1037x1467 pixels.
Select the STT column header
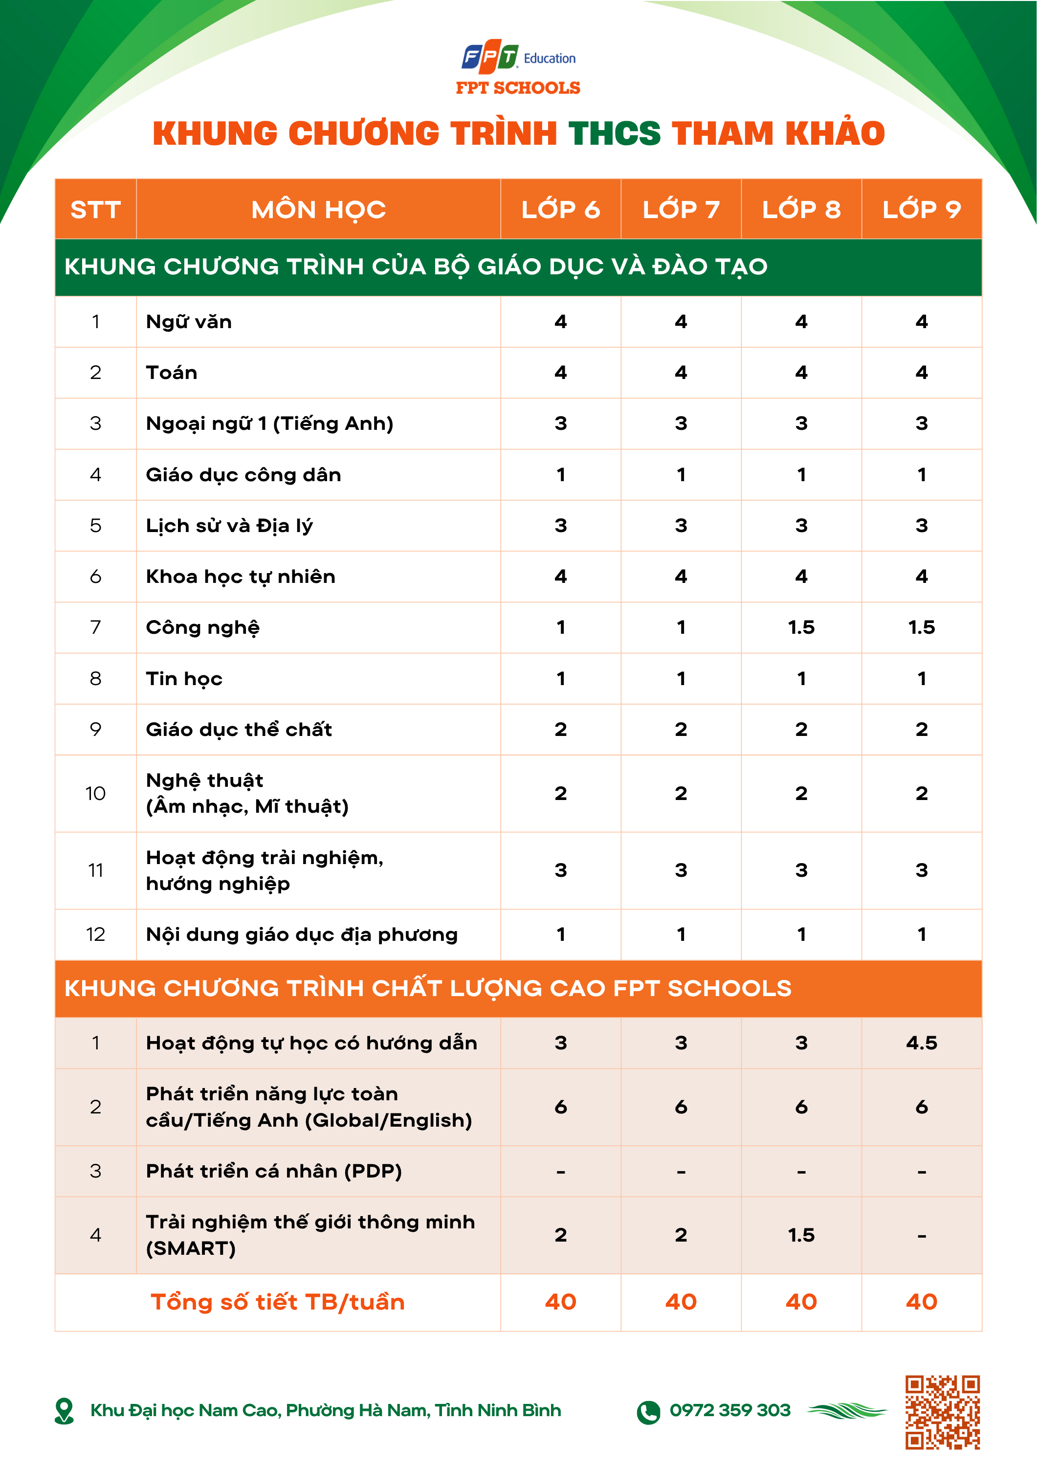(x=95, y=210)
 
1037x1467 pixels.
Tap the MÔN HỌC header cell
(x=318, y=210)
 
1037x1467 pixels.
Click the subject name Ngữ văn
(x=189, y=321)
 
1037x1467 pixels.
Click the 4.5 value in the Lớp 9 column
(x=921, y=1043)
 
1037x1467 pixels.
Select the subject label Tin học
(x=184, y=679)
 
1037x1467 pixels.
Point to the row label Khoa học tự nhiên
(x=240, y=577)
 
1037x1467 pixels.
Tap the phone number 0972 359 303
(x=729, y=1410)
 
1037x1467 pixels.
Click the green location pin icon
(x=65, y=1411)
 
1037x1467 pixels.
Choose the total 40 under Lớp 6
(x=560, y=1302)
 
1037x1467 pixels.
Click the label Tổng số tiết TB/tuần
(x=277, y=1302)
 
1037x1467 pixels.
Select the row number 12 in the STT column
(x=95, y=935)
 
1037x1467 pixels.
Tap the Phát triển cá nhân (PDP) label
(x=273, y=1171)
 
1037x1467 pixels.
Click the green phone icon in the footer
(x=648, y=1412)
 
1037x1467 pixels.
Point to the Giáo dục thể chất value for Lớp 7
(x=681, y=730)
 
